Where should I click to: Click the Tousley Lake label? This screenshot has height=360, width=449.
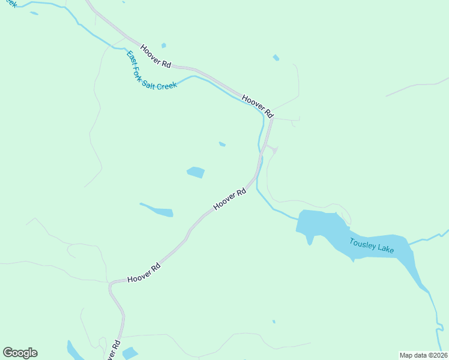372,245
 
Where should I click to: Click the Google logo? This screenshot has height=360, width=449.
20,353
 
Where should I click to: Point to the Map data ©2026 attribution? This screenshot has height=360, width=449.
423,355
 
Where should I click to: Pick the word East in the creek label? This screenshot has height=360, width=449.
130,57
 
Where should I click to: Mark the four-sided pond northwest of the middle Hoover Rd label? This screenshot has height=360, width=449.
196,173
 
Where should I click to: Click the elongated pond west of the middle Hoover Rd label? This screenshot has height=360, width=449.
158,211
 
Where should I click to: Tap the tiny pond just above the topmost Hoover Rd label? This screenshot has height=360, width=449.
163,45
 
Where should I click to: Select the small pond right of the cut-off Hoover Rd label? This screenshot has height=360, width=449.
130,353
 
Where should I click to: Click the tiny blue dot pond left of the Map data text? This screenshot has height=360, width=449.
274,322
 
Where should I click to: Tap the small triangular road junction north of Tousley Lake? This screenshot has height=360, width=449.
273,149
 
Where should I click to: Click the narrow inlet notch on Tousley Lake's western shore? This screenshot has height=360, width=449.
310,239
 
